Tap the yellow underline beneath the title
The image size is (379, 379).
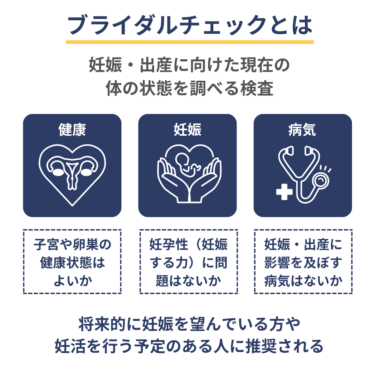click(x=189, y=42)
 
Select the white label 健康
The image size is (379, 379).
click(x=72, y=130)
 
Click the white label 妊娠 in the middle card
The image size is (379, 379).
click(x=187, y=130)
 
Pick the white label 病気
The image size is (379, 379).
click(x=302, y=130)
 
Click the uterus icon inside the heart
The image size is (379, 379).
click(x=72, y=172)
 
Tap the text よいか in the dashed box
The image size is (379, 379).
click(x=72, y=281)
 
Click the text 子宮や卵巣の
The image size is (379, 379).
click(x=72, y=245)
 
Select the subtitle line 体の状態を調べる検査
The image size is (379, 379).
click(x=189, y=89)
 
